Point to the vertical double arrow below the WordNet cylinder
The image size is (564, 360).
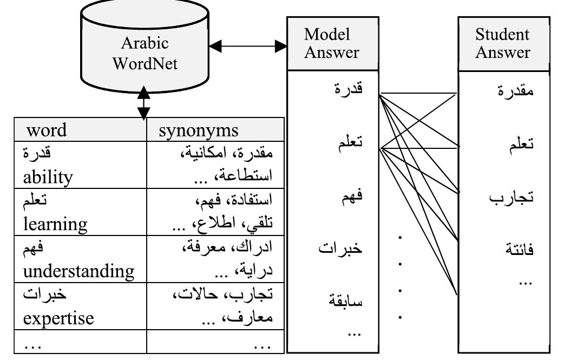143,102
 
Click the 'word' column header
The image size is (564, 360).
47,130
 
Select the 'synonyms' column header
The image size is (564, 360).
199,130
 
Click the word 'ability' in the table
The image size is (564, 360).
48,176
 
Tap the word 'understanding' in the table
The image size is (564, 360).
78,270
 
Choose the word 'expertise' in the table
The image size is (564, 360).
58,318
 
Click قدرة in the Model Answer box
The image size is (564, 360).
349,89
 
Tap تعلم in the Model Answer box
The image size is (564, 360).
350,143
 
